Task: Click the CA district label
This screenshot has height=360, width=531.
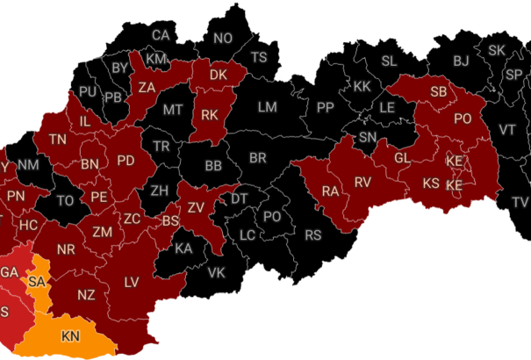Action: click(161, 36)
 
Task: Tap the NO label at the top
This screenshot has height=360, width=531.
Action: click(223, 38)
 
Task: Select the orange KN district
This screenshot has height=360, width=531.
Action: click(69, 336)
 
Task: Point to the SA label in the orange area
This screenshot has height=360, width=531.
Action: click(36, 282)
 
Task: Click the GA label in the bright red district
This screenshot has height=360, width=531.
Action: click(9, 272)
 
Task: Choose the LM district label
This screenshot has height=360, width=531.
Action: click(267, 107)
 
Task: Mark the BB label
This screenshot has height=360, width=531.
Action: click(213, 165)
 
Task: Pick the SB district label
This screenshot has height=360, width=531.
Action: click(438, 92)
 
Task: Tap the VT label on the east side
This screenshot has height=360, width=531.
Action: click(507, 129)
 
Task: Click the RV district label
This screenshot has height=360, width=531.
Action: click(363, 182)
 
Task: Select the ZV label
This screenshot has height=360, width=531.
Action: click(196, 207)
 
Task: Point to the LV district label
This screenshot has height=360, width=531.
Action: click(132, 282)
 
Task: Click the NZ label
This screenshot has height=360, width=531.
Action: click(86, 294)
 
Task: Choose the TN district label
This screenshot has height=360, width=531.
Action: click(58, 140)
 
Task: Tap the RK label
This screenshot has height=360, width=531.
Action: click(209, 114)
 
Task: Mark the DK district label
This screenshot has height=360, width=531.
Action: click(219, 76)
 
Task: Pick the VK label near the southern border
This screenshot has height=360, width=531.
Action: click(217, 271)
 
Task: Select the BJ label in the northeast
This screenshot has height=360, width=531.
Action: click(462, 61)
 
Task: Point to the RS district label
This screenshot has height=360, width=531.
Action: click(313, 235)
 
